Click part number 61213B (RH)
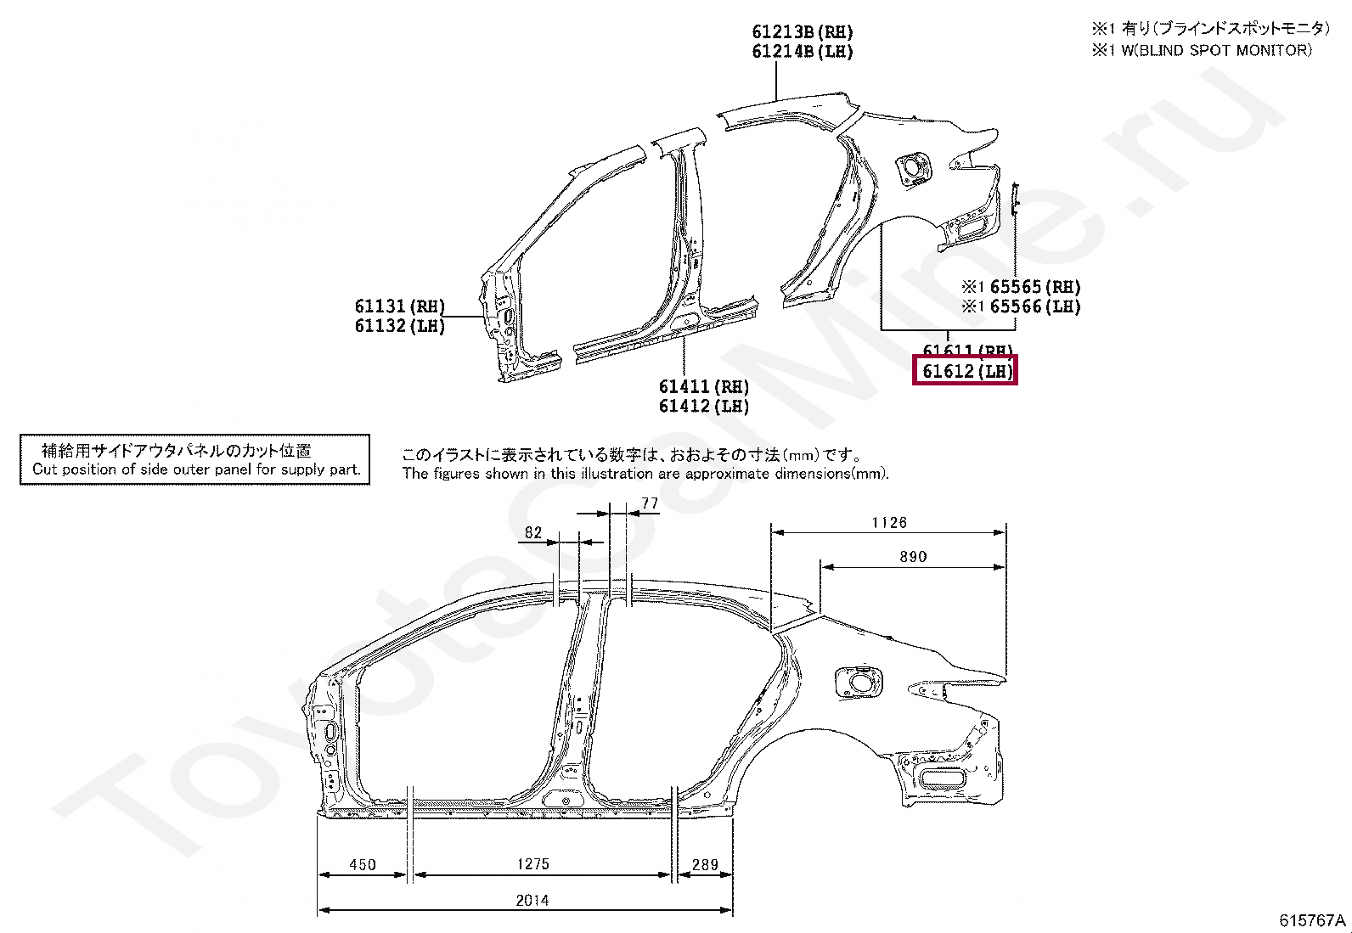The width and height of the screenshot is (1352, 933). pos(803,32)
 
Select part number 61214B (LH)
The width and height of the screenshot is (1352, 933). pos(803,52)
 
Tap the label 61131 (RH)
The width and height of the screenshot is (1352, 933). pos(400,306)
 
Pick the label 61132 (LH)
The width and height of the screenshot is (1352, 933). pos(400,326)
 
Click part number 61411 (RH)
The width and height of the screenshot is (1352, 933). pos(704,387)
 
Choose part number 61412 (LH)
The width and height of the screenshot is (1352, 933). pos(704,407)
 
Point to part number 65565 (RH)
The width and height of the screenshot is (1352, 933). pos(1034,287)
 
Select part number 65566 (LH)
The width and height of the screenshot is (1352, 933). pos(1034,306)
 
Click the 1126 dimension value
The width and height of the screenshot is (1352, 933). pos(889,523)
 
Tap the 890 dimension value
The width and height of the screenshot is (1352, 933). pos(913,557)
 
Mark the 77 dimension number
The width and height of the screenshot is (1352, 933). pos(650,503)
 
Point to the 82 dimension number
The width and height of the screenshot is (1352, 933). pos(533,532)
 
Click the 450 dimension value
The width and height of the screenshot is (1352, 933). pos(363,864)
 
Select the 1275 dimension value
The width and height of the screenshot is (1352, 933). pos(533,864)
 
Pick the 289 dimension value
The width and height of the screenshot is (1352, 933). pos(705,864)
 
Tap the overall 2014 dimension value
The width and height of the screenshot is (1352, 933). pos(532,900)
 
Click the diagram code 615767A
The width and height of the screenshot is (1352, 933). pos(1312,920)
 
